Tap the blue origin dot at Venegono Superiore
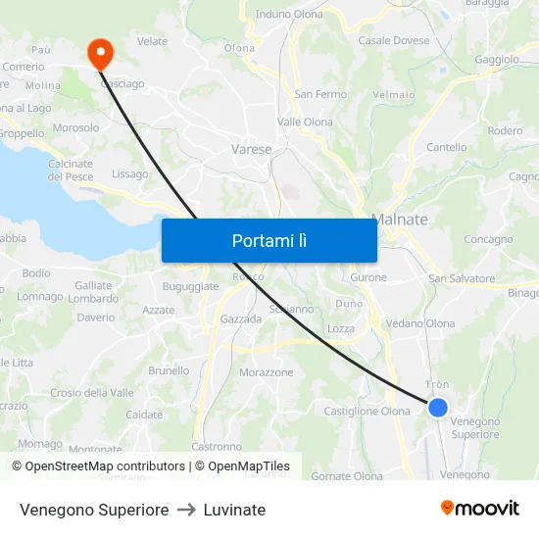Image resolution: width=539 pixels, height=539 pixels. coord(438,408)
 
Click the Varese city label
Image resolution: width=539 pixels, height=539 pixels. coord(252,149)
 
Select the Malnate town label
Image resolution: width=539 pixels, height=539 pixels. coord(400,220)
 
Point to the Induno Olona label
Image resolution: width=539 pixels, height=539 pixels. coord(289,15)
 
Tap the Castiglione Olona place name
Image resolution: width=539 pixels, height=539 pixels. coord(367,412)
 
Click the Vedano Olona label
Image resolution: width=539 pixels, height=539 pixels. coord(420,323)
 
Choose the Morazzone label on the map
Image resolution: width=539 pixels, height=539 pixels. coord(267,372)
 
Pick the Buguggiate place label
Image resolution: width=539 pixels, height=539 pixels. coord(191,286)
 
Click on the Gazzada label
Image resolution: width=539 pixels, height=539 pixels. coord(241,319)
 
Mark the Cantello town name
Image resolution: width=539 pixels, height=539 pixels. coord(447,147)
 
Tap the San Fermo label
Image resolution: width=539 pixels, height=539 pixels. coord(320,94)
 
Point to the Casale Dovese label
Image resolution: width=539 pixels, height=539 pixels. coord(394,40)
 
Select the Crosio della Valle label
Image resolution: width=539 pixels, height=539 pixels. coord(92,393)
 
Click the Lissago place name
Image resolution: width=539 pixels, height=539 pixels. coord(130,174)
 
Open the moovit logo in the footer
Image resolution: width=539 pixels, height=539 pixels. coord(480,508)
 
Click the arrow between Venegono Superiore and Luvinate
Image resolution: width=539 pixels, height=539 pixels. coord(185,510)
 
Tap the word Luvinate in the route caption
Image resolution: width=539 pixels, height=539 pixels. coord(234,510)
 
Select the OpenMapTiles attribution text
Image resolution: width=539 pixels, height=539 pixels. coord(242,466)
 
